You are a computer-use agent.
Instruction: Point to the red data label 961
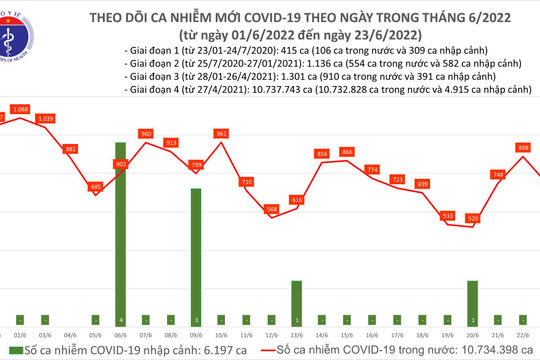tap(222, 133)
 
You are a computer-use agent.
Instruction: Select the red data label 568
tap(271, 209)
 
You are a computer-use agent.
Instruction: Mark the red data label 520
tap(472, 218)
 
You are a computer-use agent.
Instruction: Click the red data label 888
tap(523, 147)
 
